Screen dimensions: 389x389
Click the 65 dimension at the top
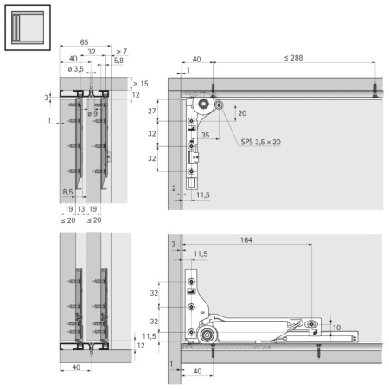coord(83,41)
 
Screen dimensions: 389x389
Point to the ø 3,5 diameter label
coord(75,68)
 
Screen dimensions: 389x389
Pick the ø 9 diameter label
coord(89,113)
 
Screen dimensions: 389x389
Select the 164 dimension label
coord(247,241)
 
